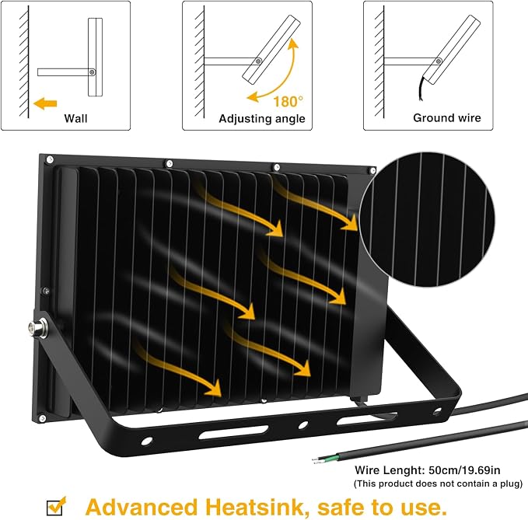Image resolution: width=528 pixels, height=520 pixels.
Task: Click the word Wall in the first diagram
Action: point(75,118)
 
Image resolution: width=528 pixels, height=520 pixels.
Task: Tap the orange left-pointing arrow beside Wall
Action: point(45,103)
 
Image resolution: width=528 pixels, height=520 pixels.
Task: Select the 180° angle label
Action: point(288,102)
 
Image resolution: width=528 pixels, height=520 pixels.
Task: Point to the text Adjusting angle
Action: point(262,119)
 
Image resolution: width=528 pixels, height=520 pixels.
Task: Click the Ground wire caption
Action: point(447,118)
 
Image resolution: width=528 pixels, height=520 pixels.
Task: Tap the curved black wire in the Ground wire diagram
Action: point(421,88)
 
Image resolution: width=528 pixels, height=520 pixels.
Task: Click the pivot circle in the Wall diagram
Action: point(92,72)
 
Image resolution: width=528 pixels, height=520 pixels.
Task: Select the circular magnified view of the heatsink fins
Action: point(427,219)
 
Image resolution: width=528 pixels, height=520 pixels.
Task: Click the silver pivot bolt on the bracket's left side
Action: point(37,326)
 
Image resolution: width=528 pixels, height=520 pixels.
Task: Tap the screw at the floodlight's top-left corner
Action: point(50,159)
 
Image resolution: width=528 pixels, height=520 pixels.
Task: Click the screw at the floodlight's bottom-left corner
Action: point(42,418)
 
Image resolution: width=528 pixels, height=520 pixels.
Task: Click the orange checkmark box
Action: point(55,507)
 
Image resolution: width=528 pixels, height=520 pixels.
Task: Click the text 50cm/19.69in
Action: point(464,469)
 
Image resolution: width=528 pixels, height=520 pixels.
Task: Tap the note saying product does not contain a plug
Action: point(438,483)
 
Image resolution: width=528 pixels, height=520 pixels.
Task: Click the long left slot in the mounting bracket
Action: point(233,432)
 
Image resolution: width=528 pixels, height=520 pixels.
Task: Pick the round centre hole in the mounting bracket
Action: point(303,424)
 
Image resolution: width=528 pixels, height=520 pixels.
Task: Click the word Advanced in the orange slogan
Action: point(141,508)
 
